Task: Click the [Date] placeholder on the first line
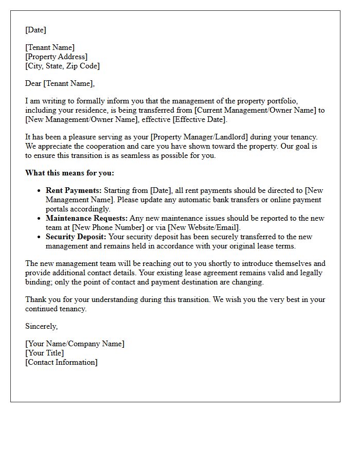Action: pos(35,30)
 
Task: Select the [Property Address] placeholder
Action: pos(57,57)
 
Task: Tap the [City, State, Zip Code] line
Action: pos(62,66)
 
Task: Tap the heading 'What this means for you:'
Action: pos(69,173)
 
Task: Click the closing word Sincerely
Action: pos(41,326)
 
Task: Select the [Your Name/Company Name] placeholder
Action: pos(75,344)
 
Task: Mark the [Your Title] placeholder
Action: pos(45,353)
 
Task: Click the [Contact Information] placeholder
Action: pos(61,362)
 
